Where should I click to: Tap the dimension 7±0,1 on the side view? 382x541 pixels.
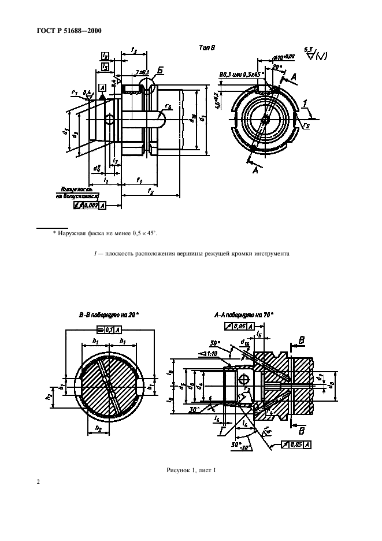(142, 72)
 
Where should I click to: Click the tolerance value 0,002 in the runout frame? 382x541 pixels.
(91, 205)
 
